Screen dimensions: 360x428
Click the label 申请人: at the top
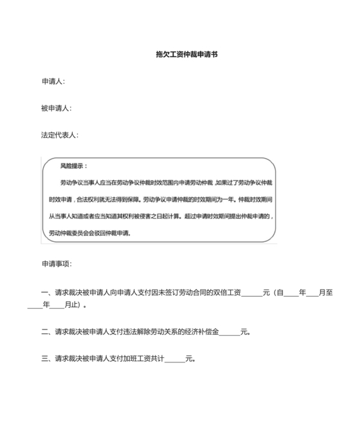pos(53,82)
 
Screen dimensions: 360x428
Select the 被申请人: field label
pos(56,108)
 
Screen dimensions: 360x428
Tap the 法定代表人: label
pos(60,135)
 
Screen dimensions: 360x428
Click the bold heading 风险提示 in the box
pos(73,166)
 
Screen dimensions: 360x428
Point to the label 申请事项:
pos(57,264)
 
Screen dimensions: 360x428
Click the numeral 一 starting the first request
pos(45,292)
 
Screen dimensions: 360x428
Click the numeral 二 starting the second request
pos(45,332)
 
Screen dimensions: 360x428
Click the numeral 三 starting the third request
pos(45,358)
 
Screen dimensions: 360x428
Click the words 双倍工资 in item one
pos(228,292)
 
